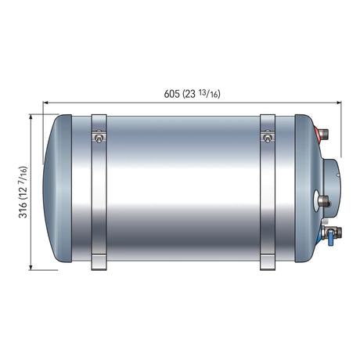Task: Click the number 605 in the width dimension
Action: click(x=171, y=94)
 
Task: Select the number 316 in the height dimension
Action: click(x=23, y=210)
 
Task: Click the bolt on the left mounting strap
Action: click(x=99, y=139)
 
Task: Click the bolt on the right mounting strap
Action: click(x=268, y=139)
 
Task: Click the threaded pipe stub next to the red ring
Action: click(x=324, y=134)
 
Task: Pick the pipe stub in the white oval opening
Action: click(x=323, y=200)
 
